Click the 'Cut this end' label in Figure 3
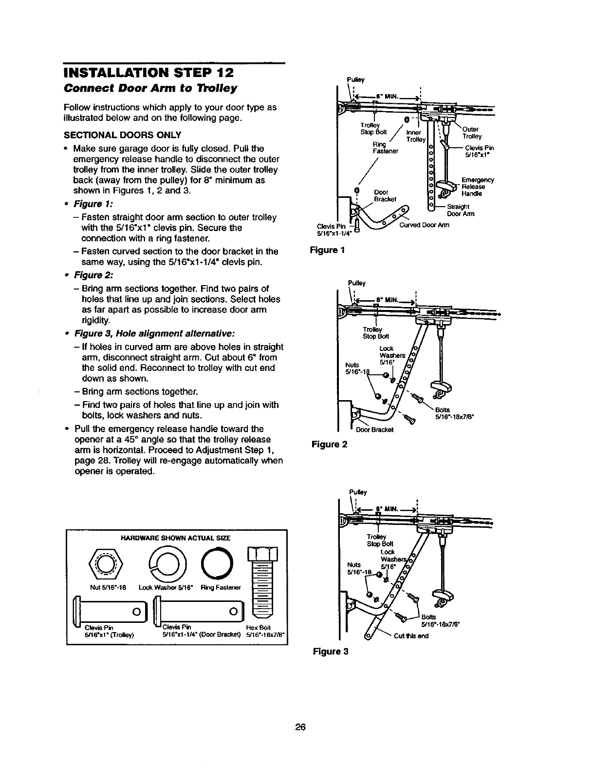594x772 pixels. [411, 636]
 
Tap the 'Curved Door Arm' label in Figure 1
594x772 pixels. [424, 225]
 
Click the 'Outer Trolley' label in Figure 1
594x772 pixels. [471, 133]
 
